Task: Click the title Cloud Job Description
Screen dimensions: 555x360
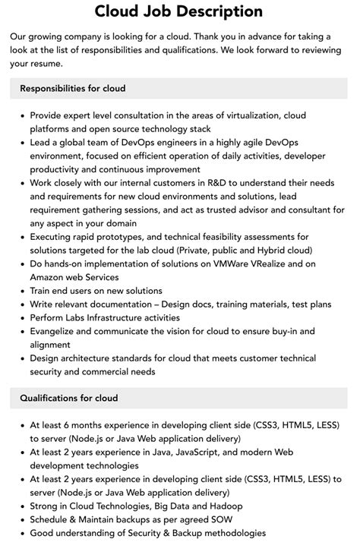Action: pyautogui.click(x=179, y=11)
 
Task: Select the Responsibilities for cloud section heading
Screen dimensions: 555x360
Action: pyautogui.click(x=73, y=89)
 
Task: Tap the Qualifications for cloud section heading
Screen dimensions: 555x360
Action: pyautogui.click(x=69, y=398)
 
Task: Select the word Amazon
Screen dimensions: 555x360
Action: pyautogui.click(x=49, y=277)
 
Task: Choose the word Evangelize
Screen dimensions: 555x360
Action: pyautogui.click(x=56, y=331)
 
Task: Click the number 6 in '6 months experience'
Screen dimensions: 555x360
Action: pyautogui.click(x=71, y=425)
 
